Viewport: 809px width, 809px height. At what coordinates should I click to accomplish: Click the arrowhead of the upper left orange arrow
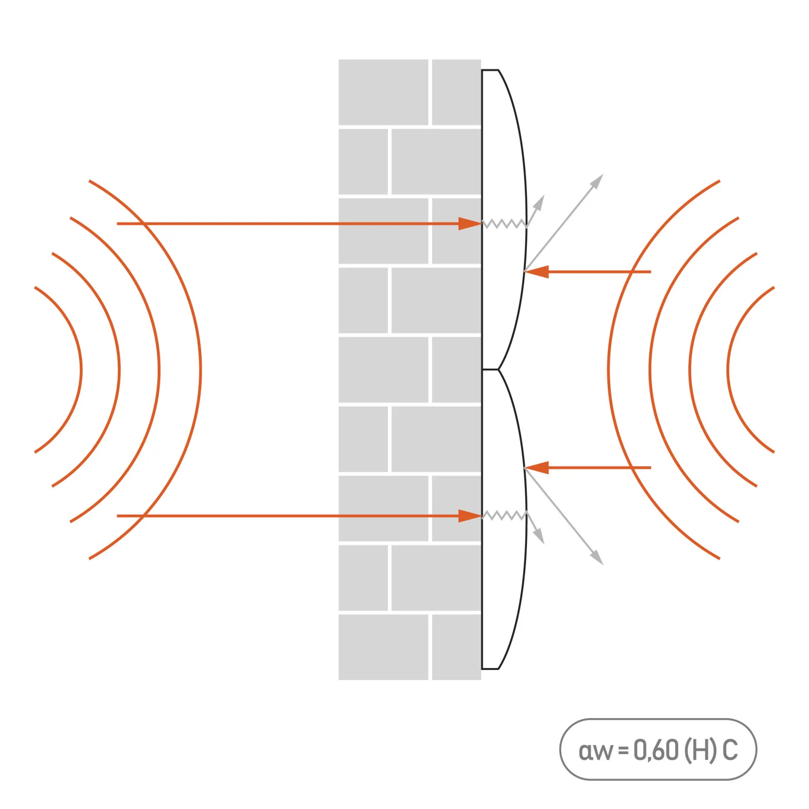click(x=470, y=224)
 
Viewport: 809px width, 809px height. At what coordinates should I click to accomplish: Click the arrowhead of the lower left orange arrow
click(x=470, y=516)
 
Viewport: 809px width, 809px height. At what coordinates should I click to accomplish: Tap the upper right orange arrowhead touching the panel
click(x=537, y=272)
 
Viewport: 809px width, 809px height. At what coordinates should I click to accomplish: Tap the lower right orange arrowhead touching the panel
click(x=537, y=468)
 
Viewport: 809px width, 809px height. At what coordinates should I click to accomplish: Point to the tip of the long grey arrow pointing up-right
click(x=603, y=175)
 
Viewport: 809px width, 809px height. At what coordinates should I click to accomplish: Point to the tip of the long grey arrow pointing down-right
click(x=603, y=564)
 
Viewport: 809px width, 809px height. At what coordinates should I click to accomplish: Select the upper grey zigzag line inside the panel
click(x=504, y=224)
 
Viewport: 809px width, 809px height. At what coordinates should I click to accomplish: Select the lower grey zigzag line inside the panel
click(x=504, y=515)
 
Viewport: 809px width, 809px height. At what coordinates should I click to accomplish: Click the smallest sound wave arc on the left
click(x=81, y=370)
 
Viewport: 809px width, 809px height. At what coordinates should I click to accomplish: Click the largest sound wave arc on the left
click(x=200, y=370)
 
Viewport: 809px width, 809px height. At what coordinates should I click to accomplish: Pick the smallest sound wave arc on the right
click(x=728, y=370)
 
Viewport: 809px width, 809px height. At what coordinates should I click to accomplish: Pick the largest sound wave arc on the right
click(x=609, y=370)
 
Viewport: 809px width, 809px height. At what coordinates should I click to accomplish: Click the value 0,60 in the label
click(x=656, y=750)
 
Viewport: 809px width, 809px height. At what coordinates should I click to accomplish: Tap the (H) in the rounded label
click(x=701, y=750)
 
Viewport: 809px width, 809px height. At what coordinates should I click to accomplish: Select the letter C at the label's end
click(x=731, y=750)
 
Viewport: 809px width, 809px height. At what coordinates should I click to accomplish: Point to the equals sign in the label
click(x=623, y=750)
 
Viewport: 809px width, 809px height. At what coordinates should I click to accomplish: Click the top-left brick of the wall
click(x=383, y=92)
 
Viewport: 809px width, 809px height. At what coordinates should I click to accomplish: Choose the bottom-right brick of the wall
click(x=456, y=647)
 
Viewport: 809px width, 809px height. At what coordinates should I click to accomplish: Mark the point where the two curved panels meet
click(x=498, y=369)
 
